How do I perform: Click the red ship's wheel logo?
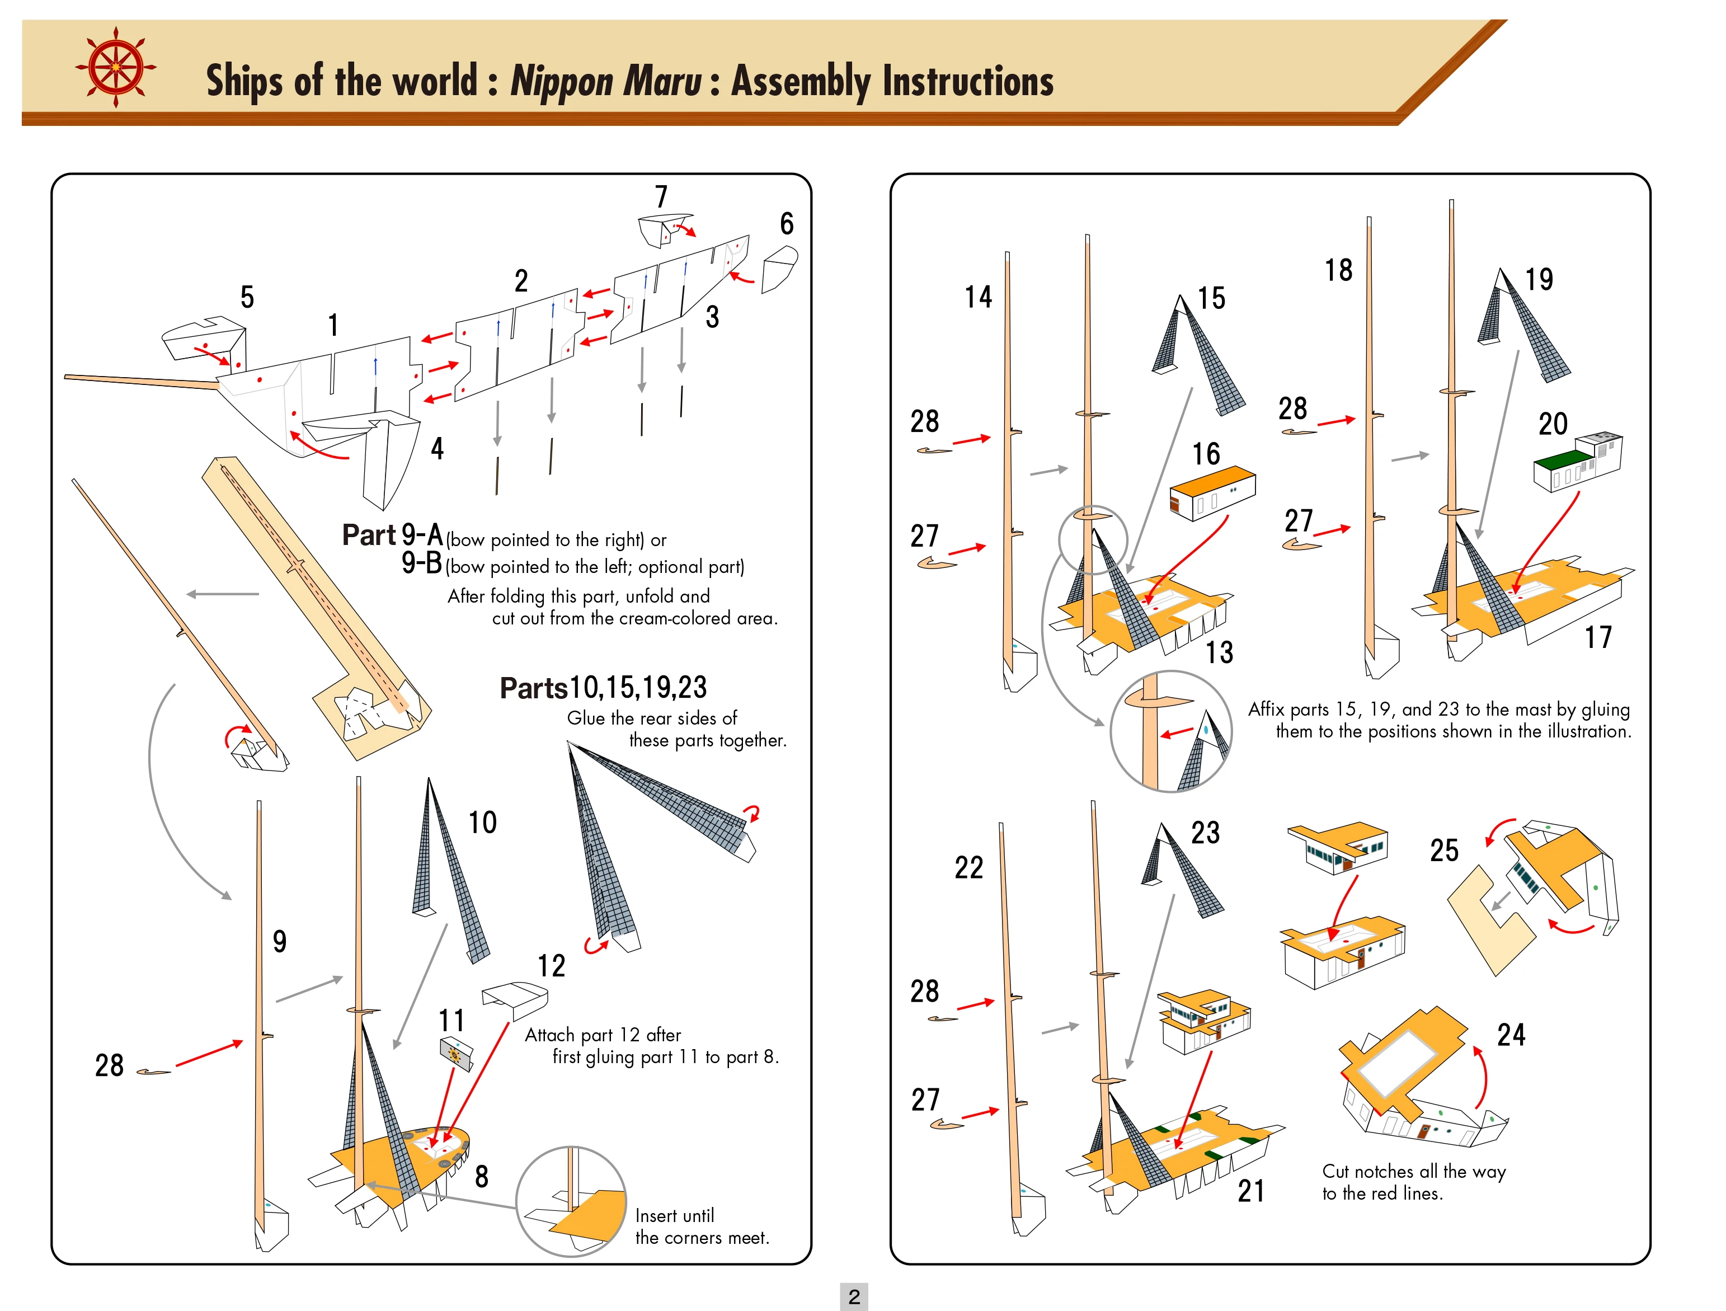coord(115,67)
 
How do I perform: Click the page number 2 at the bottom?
coord(854,1296)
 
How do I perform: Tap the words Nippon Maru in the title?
coord(605,81)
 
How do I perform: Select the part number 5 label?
coord(247,297)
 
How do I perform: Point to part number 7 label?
coord(661,196)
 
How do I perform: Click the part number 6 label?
coord(787,224)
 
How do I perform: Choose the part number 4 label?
coord(437,449)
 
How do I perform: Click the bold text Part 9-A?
coord(393,535)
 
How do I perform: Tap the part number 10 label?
coord(482,823)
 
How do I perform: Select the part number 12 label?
coord(551,966)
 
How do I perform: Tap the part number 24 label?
coord(1511,1035)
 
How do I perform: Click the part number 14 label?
coord(978,297)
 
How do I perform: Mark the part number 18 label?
coord(1338,270)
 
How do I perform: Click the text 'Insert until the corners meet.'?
coord(702,1226)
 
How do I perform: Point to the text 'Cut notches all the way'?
coord(1414,1171)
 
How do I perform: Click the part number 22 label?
coord(968,868)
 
